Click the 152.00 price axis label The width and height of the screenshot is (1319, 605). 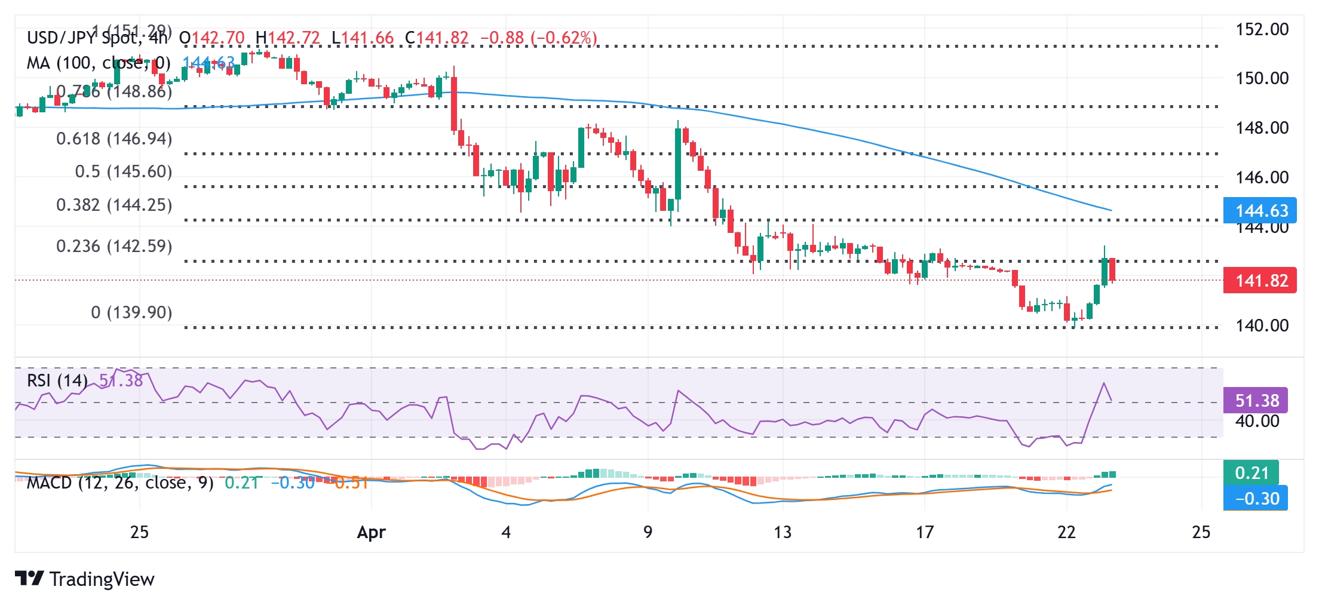[1262, 29]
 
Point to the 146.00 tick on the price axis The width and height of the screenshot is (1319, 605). [1262, 177]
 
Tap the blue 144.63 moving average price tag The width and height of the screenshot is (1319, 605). [1260, 211]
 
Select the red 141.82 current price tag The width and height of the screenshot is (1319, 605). [1260, 281]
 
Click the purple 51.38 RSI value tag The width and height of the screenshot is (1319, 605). [1256, 401]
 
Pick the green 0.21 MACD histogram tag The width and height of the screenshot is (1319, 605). [1251, 474]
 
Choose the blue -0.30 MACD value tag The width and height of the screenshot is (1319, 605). [1256, 499]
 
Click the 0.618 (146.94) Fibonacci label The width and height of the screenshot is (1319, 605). [114, 139]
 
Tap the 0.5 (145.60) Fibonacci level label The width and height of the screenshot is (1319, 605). [123, 172]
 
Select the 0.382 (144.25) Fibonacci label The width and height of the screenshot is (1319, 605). [114, 205]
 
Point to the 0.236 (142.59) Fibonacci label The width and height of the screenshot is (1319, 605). [114, 246]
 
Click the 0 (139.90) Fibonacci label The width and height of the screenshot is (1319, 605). [131, 312]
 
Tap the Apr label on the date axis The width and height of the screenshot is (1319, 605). [371, 532]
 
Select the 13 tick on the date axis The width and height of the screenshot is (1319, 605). [783, 532]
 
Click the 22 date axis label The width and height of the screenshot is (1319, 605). [1066, 532]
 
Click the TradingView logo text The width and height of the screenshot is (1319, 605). [102, 579]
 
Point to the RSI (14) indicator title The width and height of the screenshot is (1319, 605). [57, 380]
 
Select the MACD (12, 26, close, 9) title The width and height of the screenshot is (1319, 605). [120, 483]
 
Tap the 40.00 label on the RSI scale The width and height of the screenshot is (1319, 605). [1257, 421]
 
